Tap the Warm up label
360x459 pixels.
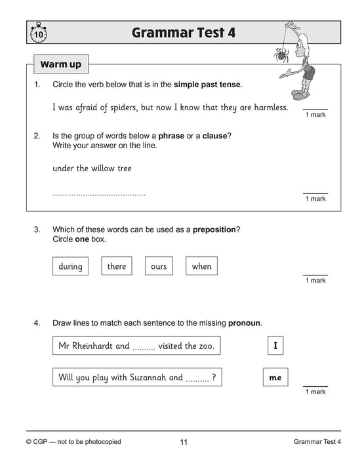pos(61,65)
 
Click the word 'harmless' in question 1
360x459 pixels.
pos(269,107)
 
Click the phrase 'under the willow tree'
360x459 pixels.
pos(92,169)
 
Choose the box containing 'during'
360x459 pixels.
pos(70,266)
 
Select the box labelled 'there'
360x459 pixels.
pos(116,266)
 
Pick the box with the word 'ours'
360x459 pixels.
pos(159,266)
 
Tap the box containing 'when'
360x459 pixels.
pos(201,266)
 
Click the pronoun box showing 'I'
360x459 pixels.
pos(275,346)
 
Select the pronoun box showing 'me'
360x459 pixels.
pos(275,378)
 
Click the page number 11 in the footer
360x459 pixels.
pos(184,442)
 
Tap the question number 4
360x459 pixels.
pos(37,323)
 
